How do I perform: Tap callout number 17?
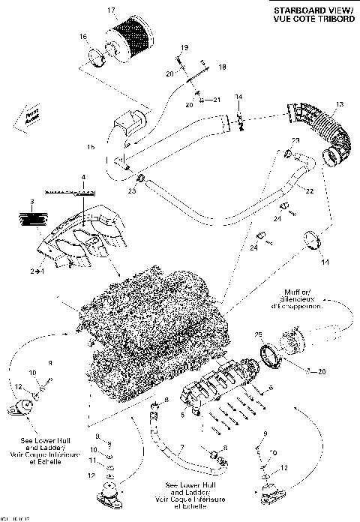[112, 10]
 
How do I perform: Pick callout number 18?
[221, 67]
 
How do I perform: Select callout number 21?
[217, 99]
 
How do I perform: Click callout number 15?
[91, 148]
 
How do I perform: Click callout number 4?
[84, 177]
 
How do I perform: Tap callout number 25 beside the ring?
[259, 334]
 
